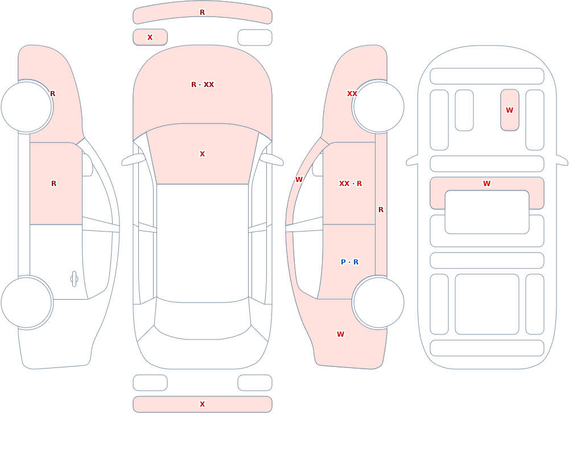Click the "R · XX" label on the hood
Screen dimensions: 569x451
pos(203,85)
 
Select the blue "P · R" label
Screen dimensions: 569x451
pos(349,262)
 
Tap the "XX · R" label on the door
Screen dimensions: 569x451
pos(350,184)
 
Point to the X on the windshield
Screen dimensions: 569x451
pos(203,154)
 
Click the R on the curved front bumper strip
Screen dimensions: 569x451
pos(203,13)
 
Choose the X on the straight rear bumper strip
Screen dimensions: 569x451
pos(203,404)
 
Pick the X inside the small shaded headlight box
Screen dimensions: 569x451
pos(150,38)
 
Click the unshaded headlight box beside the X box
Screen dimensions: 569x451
pos(255,38)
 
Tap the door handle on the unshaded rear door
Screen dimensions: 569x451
pos(74,279)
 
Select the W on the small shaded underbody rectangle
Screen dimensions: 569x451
pos(509,110)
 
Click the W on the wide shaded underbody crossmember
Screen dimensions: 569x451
pos(487,184)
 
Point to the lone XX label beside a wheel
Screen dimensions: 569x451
pos(352,94)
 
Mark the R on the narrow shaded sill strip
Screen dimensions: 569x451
pos(381,210)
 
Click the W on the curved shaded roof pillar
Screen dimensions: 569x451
pos(299,180)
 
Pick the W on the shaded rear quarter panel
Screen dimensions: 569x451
pos(340,334)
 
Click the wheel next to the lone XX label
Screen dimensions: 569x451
pos(378,107)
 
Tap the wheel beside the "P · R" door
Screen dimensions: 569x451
pos(378,302)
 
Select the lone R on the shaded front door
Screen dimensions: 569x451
pos(53,184)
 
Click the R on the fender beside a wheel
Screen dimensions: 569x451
pos(52,94)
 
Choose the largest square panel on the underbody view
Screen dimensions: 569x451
pos(487,304)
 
